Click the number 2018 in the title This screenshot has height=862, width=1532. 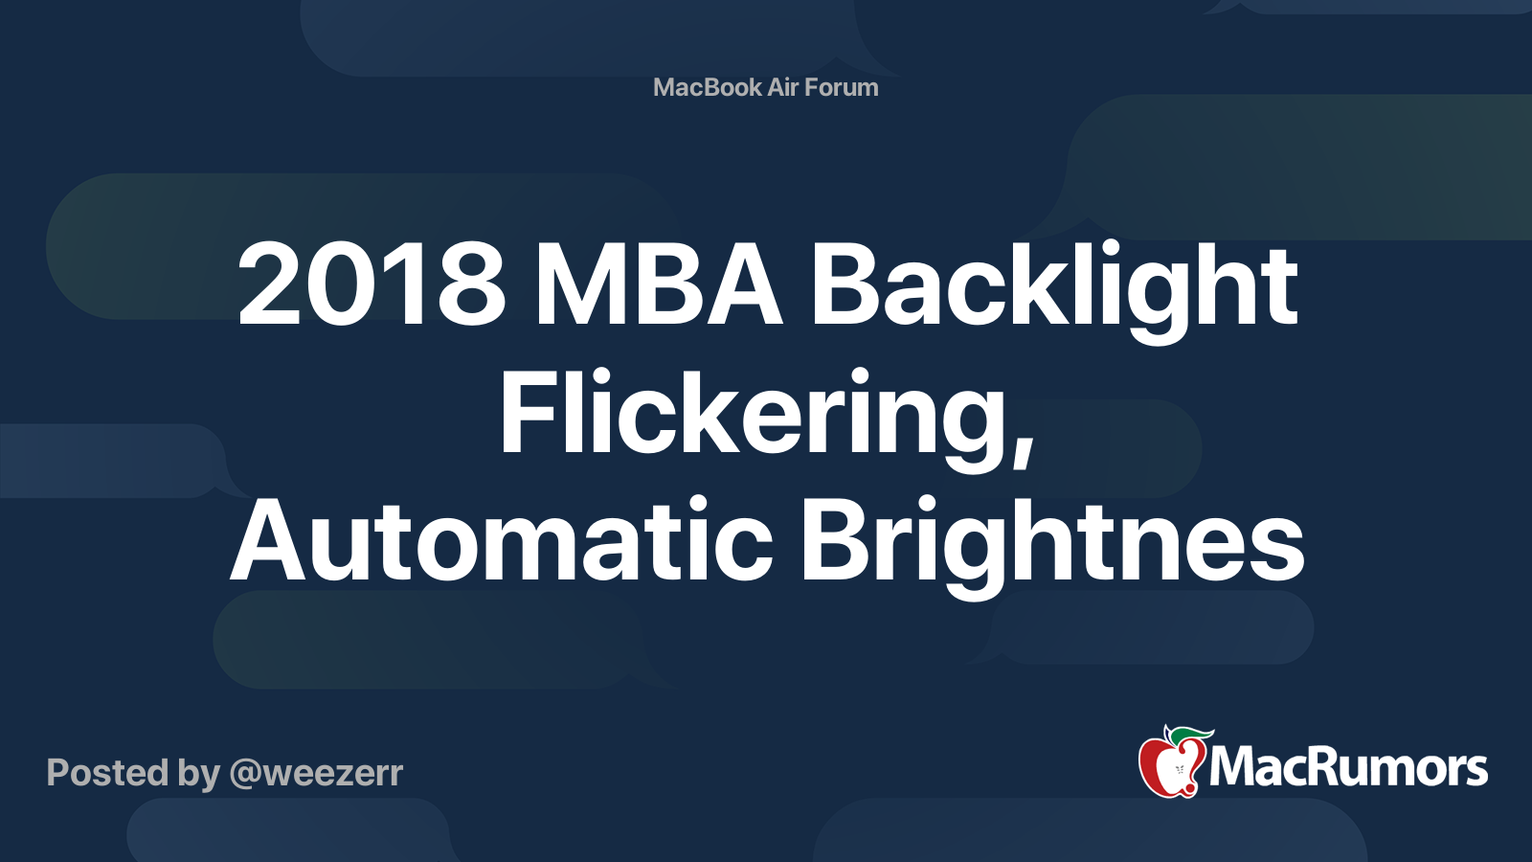(372, 284)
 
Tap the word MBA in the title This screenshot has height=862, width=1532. (658, 284)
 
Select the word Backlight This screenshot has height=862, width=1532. (1054, 292)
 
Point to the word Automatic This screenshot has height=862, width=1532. (502, 539)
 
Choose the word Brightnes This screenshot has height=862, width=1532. (1052, 547)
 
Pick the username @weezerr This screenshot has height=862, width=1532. (317, 774)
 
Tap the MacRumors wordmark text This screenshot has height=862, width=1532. (1348, 767)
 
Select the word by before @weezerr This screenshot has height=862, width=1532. (199, 775)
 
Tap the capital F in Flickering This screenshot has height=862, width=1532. (528, 411)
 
